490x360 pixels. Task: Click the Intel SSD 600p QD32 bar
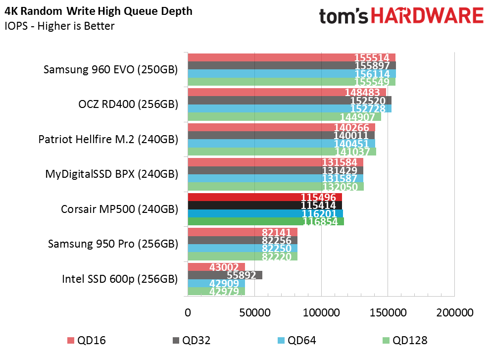tap(225, 275)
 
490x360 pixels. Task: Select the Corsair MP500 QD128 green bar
tap(266, 221)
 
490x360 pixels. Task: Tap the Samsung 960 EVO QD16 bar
tap(292, 57)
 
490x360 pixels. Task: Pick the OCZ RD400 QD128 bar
tap(285, 117)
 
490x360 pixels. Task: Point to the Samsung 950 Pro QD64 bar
tap(243, 249)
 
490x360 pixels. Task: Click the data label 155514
tap(372, 57)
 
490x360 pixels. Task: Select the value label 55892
tap(241, 275)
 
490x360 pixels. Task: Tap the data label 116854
tap(320, 222)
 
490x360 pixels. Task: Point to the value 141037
tap(352, 152)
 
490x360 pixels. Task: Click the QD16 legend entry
tap(87, 340)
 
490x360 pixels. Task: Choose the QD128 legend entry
tap(405, 340)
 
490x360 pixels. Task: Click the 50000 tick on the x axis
tap(255, 312)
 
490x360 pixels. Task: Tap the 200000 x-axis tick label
tap(455, 312)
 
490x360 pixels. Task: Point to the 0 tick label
tap(188, 312)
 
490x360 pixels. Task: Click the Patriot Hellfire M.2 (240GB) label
tap(108, 139)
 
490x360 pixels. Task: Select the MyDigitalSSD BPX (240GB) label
tap(111, 174)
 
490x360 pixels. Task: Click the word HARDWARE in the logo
tap(428, 16)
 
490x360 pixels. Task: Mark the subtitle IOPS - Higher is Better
tap(59, 26)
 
